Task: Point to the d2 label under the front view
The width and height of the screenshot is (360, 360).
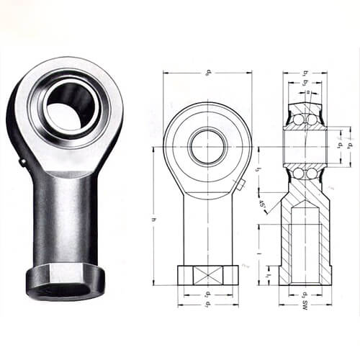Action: (207, 294)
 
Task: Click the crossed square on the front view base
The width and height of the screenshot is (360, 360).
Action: (207, 275)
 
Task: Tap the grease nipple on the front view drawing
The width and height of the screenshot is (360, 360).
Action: (240, 186)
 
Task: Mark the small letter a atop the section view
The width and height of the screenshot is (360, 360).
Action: (305, 92)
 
